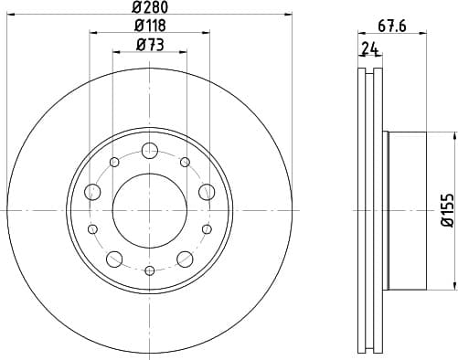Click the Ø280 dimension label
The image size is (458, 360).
click(149, 8)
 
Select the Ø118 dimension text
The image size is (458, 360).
click(149, 26)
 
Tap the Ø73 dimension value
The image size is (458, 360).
click(149, 45)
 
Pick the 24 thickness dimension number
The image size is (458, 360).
click(369, 49)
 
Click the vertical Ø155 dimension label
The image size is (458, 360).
click(446, 210)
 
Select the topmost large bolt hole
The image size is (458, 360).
click(150, 151)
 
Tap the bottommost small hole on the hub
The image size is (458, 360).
click(150, 270)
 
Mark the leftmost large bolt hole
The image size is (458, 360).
click(93, 192)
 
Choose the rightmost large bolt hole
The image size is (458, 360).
click(207, 192)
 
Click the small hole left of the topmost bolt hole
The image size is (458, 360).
click(114, 163)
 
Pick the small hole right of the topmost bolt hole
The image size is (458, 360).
click(185, 163)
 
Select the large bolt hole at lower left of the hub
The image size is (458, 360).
click(114, 258)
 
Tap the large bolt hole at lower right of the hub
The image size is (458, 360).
click(185, 258)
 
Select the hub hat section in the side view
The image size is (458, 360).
click(407, 210)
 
